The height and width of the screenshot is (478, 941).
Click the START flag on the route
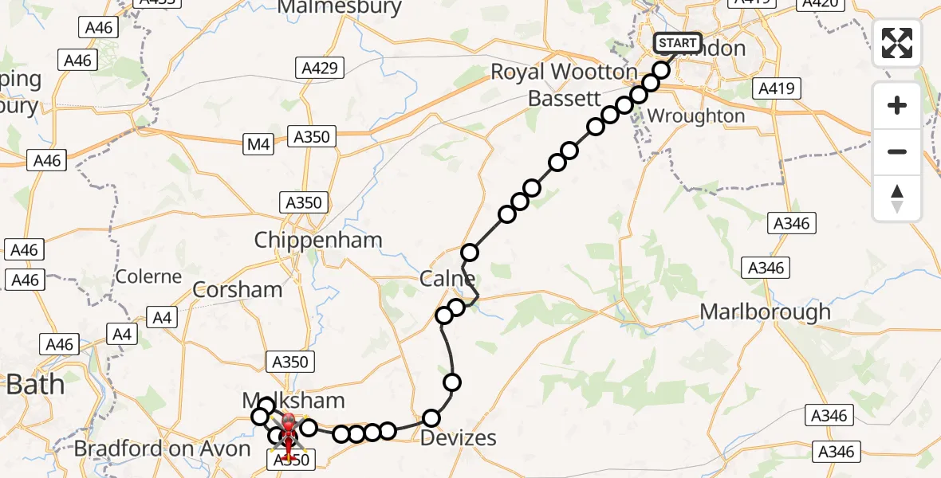[677, 43]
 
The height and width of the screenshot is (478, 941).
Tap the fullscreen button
[897, 43]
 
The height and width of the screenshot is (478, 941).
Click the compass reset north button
[897, 198]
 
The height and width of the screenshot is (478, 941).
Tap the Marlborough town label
[765, 312]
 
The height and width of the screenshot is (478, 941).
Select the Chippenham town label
[318, 240]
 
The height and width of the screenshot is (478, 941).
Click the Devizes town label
[458, 437]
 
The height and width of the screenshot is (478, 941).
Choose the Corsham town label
[238, 289]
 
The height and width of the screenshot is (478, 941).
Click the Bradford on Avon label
[163, 449]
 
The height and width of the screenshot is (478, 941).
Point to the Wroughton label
[695, 116]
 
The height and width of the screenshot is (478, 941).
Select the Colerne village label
[149, 276]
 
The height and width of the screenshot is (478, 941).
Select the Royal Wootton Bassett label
[563, 85]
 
